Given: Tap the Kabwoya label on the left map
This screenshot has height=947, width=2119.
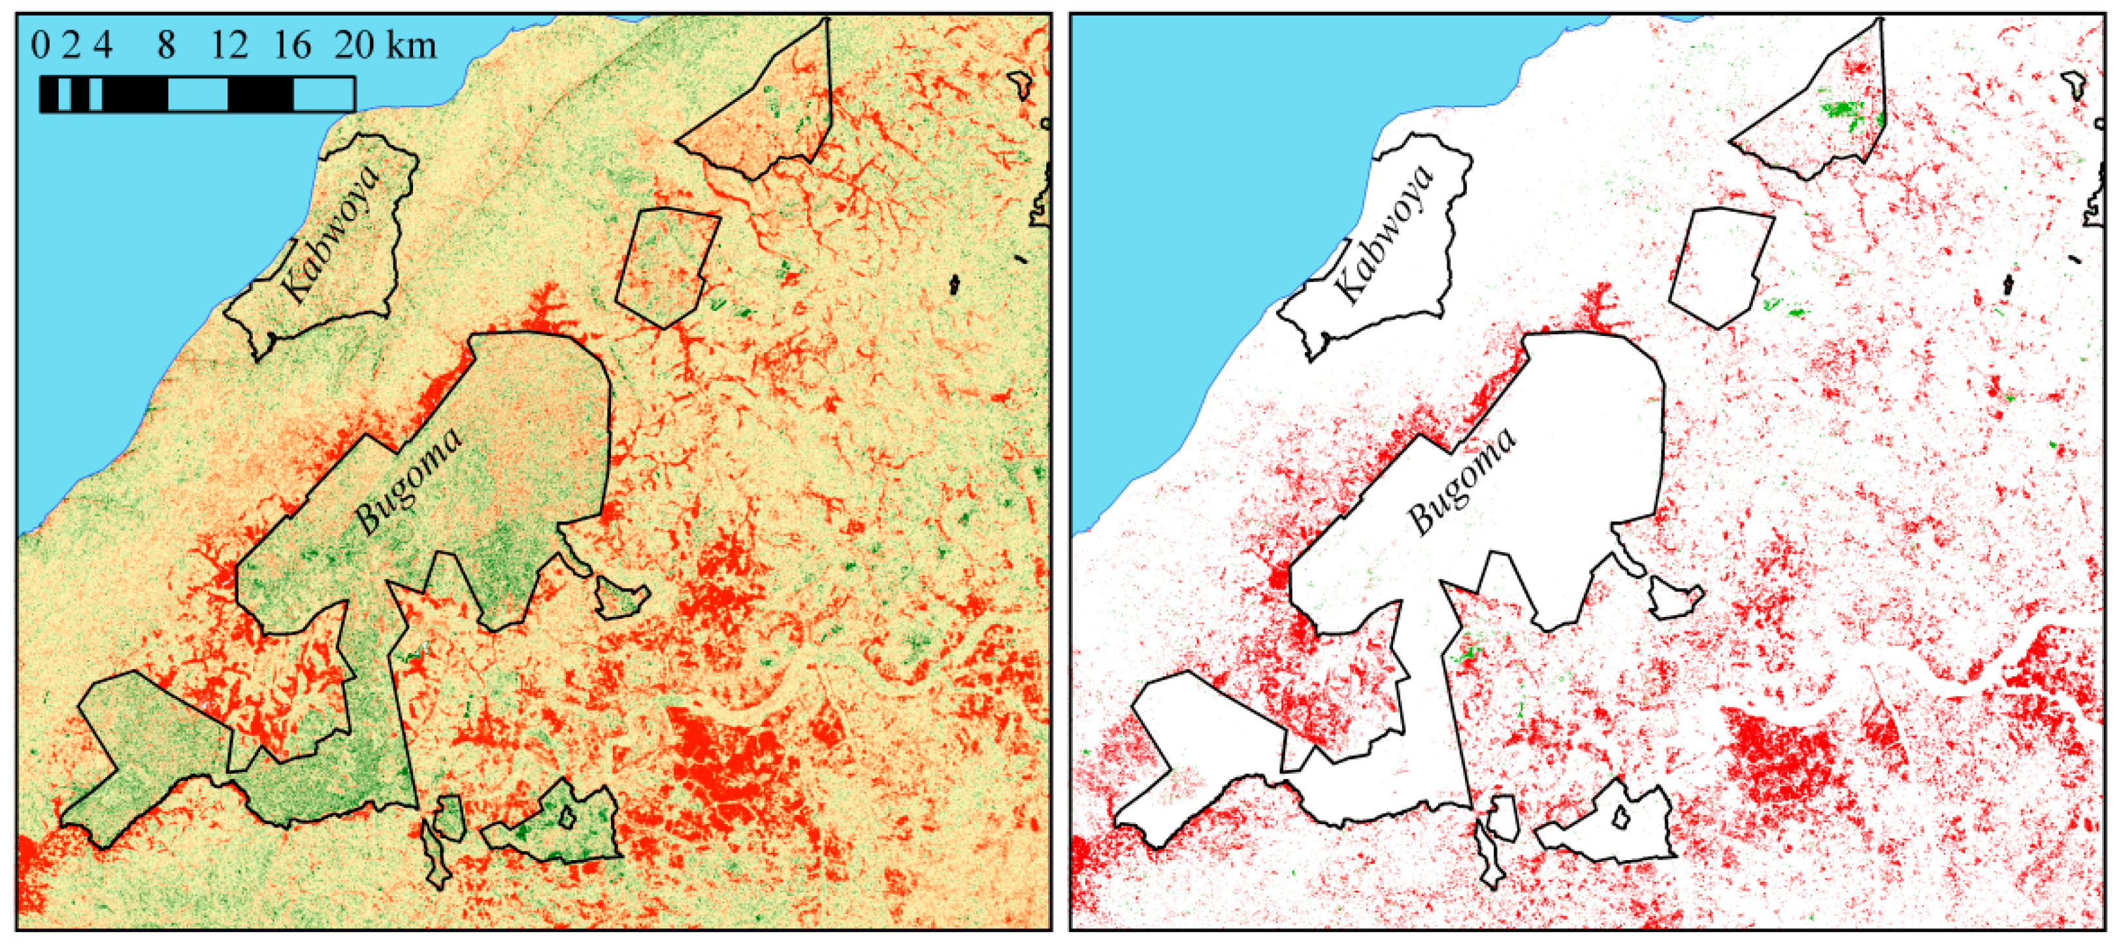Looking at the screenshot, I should [331, 233].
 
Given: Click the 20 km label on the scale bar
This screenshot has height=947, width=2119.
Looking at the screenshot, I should [385, 44].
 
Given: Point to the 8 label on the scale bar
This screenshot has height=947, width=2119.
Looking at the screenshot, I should [166, 44].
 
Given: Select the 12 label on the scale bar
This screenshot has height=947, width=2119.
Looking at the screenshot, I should [229, 44].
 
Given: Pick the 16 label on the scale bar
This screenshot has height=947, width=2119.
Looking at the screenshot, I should [292, 44].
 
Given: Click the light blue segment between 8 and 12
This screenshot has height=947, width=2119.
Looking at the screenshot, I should [197, 95].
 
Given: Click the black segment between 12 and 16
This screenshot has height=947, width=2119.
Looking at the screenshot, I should [261, 95].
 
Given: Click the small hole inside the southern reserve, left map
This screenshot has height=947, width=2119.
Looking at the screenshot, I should [567, 817].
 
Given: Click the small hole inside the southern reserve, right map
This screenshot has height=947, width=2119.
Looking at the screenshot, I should [1620, 817].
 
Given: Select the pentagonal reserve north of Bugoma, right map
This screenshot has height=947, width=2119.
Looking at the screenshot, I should [1719, 263].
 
